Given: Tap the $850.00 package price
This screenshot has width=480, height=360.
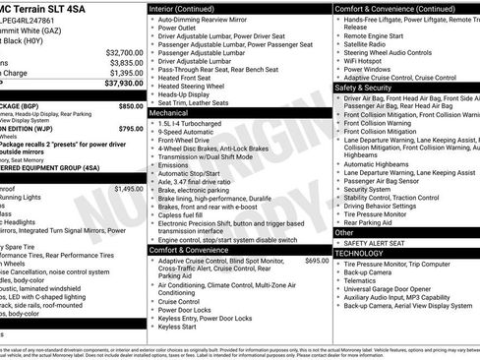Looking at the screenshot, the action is (131, 105).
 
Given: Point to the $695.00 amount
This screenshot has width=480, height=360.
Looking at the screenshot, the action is (317, 261).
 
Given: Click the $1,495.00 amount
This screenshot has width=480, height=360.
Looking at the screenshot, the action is (128, 188).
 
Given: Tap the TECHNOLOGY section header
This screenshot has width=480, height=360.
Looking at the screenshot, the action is (359, 253).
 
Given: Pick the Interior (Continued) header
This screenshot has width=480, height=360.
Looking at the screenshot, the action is (188, 8).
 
